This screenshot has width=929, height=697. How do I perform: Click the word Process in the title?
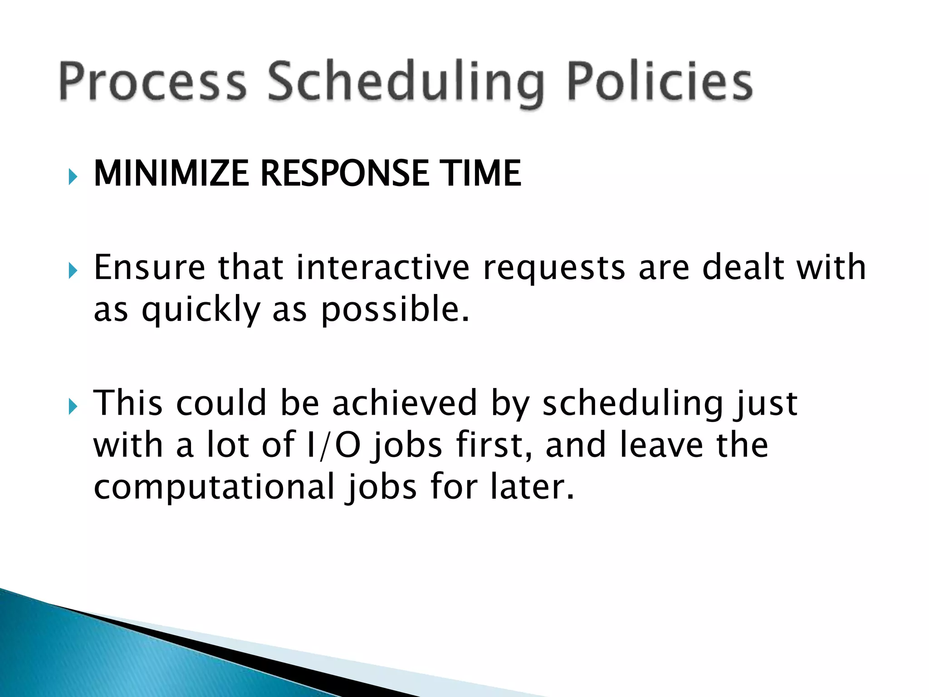pyautogui.click(x=152, y=82)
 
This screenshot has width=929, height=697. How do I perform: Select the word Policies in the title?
pyautogui.click(x=660, y=82)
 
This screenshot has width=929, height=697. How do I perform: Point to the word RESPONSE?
pyautogui.click(x=345, y=173)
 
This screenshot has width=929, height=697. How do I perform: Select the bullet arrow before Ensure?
pyautogui.click(x=73, y=271)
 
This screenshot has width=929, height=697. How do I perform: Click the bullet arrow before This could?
pyautogui.click(x=73, y=407)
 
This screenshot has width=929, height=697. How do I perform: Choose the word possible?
pyautogui.click(x=395, y=311)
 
